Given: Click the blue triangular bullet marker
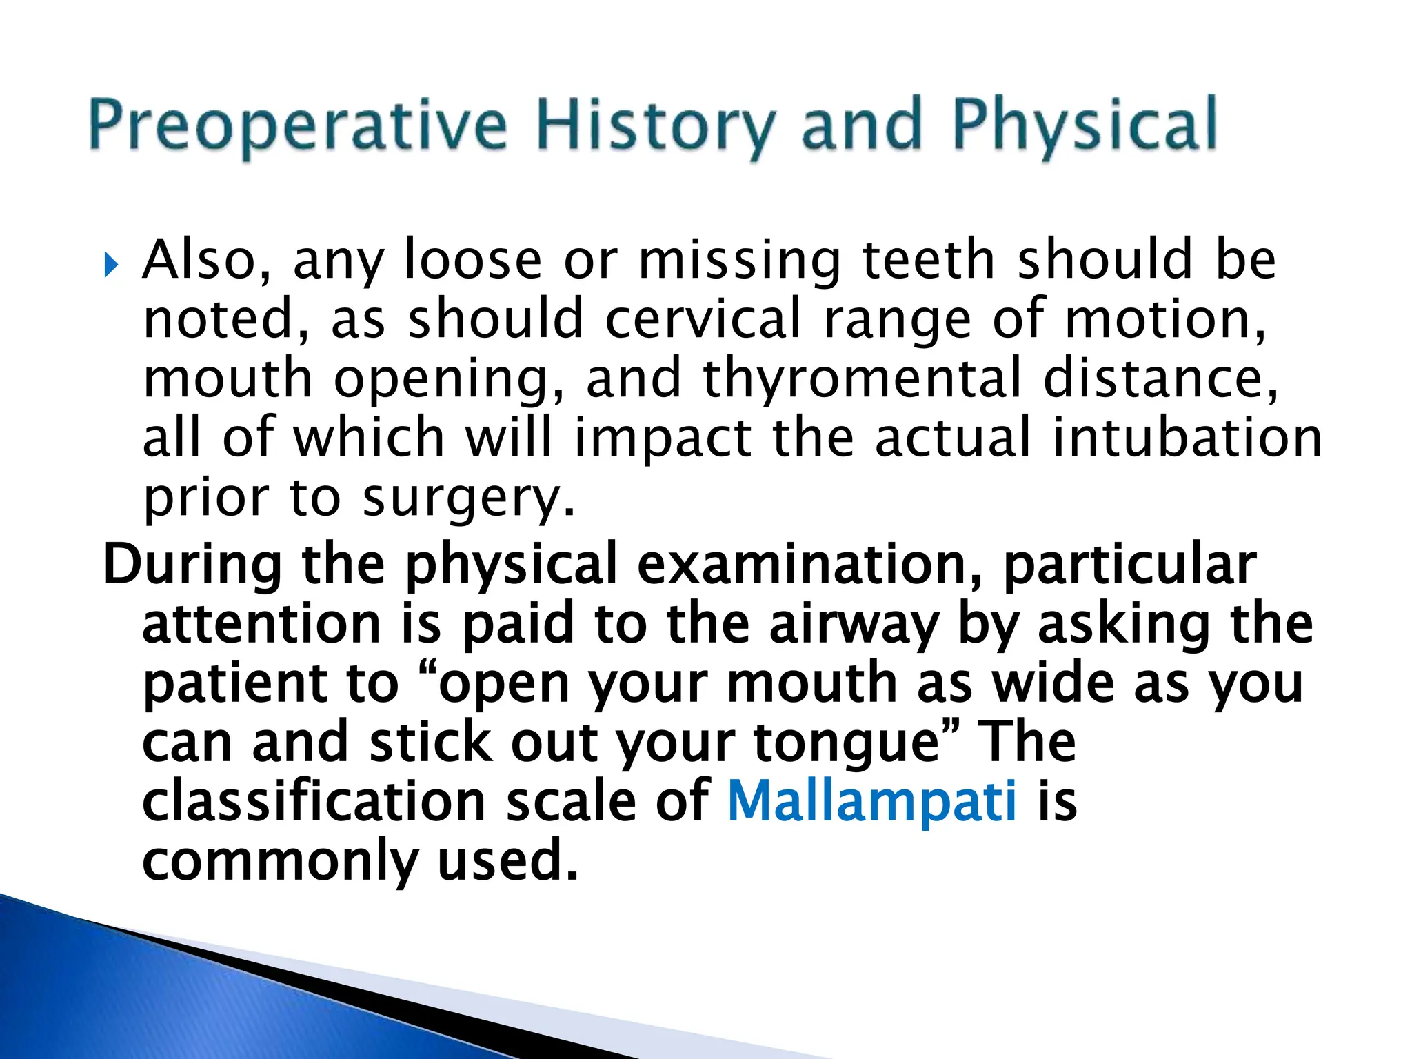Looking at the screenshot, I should click(x=110, y=265).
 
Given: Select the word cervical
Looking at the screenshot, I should click(x=703, y=319).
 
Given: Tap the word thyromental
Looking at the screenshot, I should click(x=862, y=379).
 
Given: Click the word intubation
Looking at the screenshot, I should click(x=1186, y=438).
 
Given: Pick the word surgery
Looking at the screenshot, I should click(x=467, y=498).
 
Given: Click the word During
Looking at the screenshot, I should click(x=192, y=565).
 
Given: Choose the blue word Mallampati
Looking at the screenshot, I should click(x=871, y=801).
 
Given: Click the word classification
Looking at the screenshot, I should click(x=314, y=801).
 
